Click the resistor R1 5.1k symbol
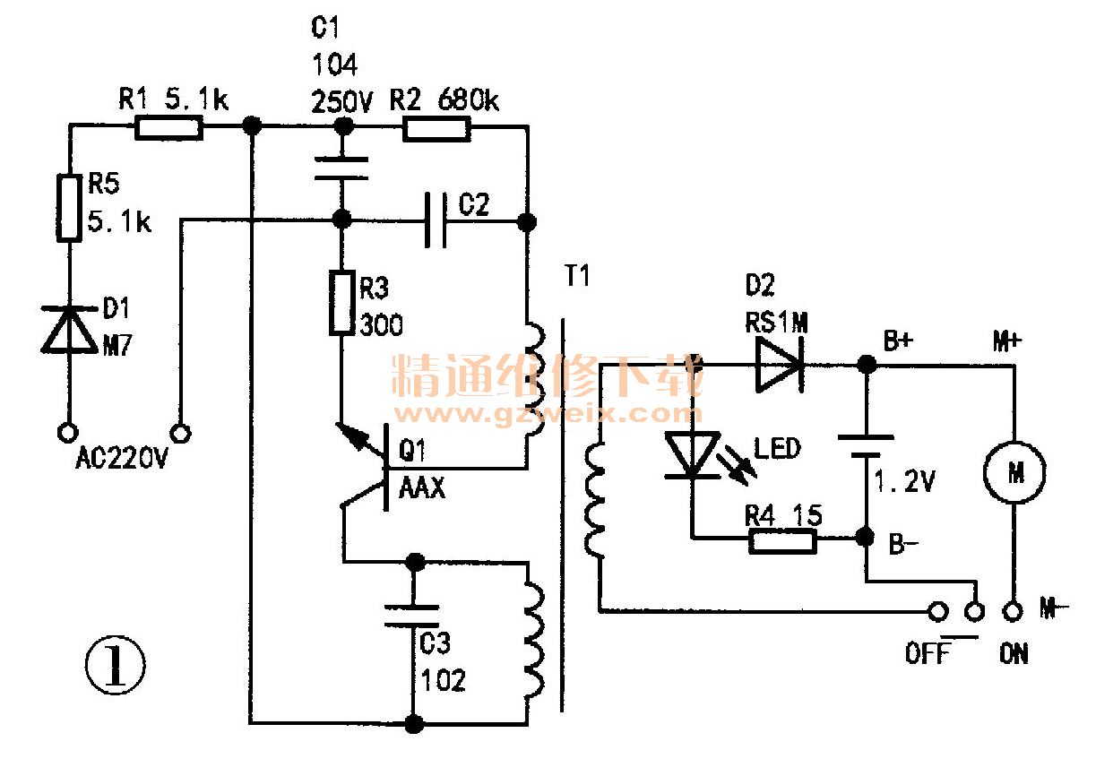pos(169,128)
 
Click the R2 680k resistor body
pos(436,128)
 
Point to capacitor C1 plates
pos(341,169)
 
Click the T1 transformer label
pos(578,276)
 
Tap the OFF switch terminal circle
pos(937,612)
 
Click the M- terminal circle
pos(1013,612)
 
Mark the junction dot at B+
pos(867,364)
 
